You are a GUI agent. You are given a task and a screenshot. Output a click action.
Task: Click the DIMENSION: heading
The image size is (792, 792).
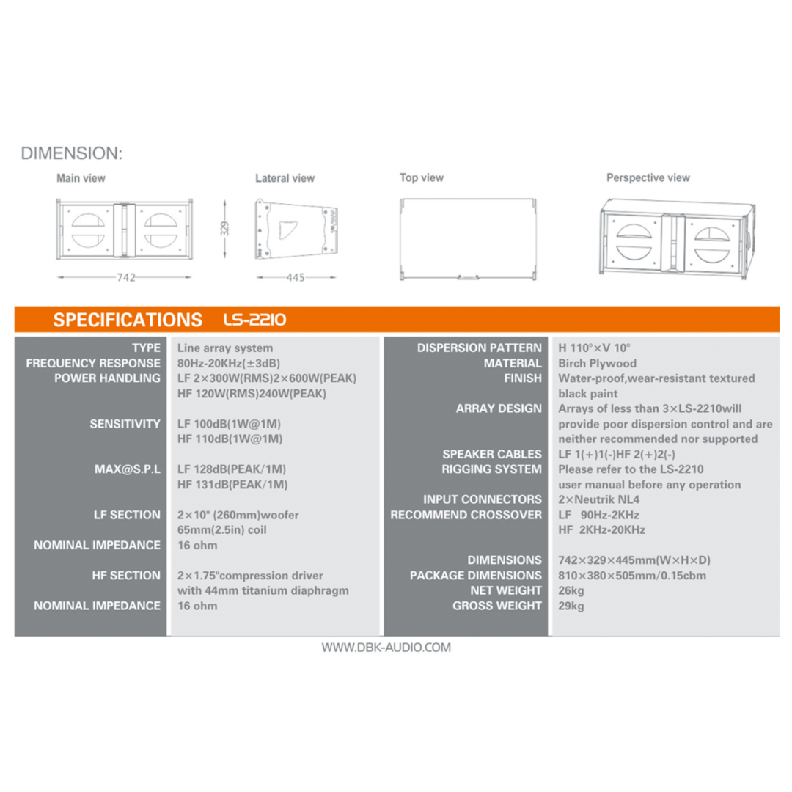pos(72,153)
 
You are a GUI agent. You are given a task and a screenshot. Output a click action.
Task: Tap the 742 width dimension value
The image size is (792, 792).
pos(126,277)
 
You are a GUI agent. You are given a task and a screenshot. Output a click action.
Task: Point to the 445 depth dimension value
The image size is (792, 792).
pos(296,277)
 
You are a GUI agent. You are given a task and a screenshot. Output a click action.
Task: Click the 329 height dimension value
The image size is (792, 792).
pos(225,228)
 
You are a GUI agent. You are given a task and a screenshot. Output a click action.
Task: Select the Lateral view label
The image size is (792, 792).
pos(285,178)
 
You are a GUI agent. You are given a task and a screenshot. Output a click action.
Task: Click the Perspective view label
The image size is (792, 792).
pos(648,177)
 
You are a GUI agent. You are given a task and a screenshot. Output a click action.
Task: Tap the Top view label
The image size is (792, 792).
pos(421,177)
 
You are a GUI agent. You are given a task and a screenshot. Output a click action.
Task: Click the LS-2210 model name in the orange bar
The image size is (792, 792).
pos(254,319)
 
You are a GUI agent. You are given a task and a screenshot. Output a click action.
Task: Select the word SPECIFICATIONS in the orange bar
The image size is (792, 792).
pos(128,320)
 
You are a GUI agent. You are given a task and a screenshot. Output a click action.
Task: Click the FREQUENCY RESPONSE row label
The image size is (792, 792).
pos(93,363)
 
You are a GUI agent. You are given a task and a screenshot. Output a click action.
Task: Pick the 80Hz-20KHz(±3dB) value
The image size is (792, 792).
pos(229,363)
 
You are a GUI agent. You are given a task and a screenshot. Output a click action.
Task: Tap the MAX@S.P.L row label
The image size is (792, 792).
pos(128,469)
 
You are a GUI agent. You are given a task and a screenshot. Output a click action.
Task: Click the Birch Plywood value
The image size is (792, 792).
pos(597,363)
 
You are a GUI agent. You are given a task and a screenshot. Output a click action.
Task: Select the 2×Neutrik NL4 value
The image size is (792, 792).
pos(598,499)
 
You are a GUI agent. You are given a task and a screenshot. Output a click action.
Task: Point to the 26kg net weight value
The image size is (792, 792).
pos(571,590)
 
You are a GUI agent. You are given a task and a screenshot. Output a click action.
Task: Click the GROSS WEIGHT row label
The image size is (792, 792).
pos(497,606)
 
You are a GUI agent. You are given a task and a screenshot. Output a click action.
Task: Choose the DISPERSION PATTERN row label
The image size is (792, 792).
pos(480,348)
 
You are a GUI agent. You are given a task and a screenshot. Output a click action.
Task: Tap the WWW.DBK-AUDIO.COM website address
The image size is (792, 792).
pos(386,648)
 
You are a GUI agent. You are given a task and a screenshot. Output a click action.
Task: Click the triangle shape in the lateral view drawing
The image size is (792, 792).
pos(288,230)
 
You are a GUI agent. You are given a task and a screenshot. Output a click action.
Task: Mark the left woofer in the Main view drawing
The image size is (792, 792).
pos(88,230)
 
